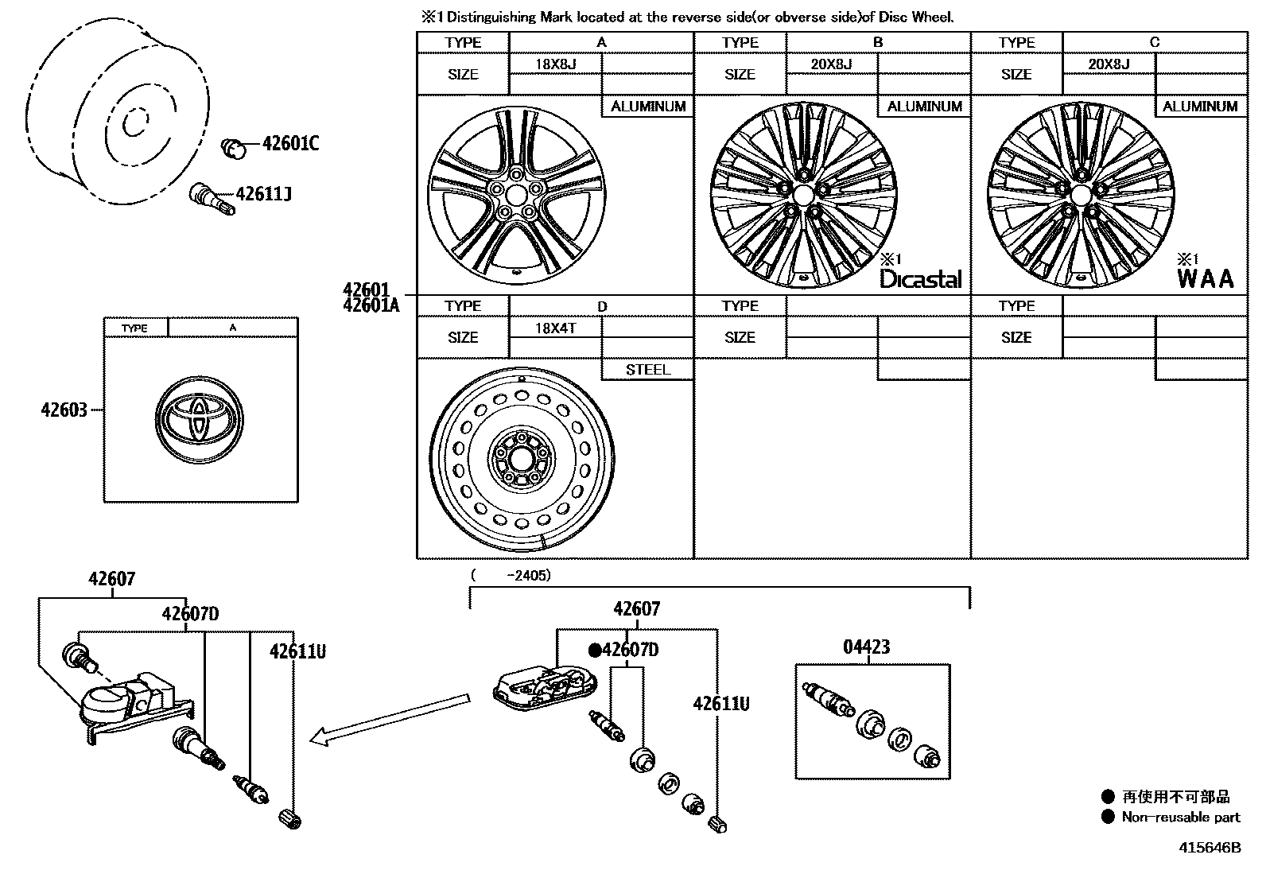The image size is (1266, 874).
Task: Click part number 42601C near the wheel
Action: tap(290, 144)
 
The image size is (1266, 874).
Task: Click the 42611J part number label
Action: tap(263, 193)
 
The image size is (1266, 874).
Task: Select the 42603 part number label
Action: tap(64, 411)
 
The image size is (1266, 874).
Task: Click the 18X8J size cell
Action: tap(555, 64)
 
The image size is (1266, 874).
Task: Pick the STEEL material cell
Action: tap(647, 370)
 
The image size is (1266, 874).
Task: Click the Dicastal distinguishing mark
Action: tap(920, 278)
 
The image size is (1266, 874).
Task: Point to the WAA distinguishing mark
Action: tap(1206, 278)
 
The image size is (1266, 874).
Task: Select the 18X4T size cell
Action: tap(555, 328)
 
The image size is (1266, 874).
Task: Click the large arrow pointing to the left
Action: tap(390, 719)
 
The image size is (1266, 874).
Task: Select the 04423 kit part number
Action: tap(866, 647)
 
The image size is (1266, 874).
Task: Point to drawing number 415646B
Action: tap(1209, 848)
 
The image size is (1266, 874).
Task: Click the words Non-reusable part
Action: tap(1180, 817)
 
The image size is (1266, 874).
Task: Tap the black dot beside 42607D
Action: tap(595, 650)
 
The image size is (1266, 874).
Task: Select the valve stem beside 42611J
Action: tap(212, 198)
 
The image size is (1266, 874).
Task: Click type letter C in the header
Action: tap(1154, 42)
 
